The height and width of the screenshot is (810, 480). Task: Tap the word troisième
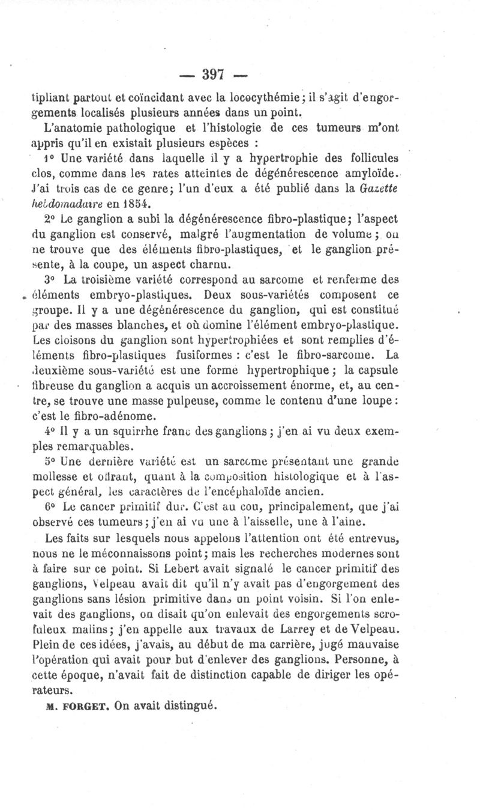pyautogui.click(x=98, y=280)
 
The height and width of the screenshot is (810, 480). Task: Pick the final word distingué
pyautogui.click(x=188, y=708)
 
